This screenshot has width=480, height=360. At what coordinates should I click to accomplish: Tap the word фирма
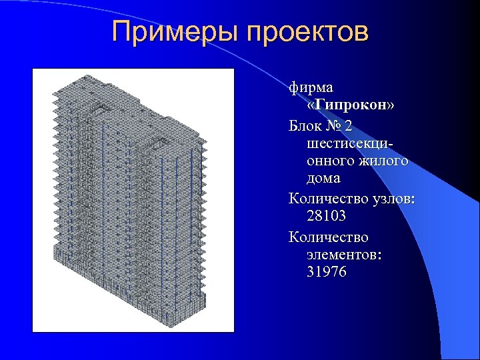coord(311,87)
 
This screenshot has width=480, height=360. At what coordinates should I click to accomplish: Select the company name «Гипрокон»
coord(351,105)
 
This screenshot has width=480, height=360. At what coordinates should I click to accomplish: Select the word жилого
coord(385,161)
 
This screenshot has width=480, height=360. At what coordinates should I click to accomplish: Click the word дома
coord(323,179)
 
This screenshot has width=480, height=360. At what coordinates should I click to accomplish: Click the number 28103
coord(327,217)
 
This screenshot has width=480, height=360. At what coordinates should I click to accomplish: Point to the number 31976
coord(327,272)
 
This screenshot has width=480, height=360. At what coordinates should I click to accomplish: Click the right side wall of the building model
coord(180,220)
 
